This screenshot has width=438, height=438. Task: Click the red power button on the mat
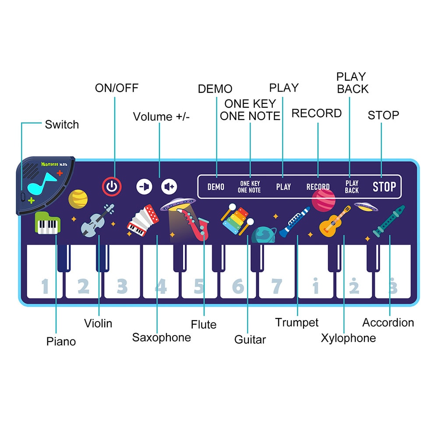point(112,187)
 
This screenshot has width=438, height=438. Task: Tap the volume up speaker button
point(169,187)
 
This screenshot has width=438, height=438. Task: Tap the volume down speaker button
point(144,187)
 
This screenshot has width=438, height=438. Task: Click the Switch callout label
point(62,124)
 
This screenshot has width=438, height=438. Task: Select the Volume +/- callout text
point(161,117)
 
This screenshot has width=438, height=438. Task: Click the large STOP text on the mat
point(384,187)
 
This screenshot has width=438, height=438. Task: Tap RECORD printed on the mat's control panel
point(318,187)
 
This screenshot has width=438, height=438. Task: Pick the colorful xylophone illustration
point(237,219)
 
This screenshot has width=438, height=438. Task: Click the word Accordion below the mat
point(388,323)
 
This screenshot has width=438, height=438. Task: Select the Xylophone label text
point(348,338)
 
